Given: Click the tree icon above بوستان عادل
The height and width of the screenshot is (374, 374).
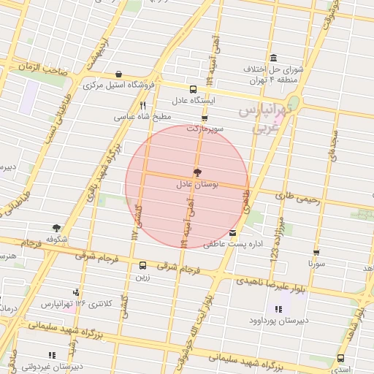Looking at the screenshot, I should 197,172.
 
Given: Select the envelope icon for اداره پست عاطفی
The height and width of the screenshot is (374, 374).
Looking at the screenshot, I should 232,233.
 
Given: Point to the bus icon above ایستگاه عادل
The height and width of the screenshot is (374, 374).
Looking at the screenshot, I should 193,88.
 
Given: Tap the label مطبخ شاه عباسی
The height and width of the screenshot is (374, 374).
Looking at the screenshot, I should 142,117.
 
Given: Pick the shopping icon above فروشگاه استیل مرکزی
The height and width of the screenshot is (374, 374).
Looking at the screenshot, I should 118,74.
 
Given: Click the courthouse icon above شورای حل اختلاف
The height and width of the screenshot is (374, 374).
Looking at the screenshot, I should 273,58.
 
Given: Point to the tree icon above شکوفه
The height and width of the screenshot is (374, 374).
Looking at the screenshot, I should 56,228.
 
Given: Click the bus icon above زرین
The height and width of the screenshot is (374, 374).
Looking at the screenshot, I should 142,265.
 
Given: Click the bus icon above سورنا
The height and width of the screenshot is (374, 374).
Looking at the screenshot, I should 316,251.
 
